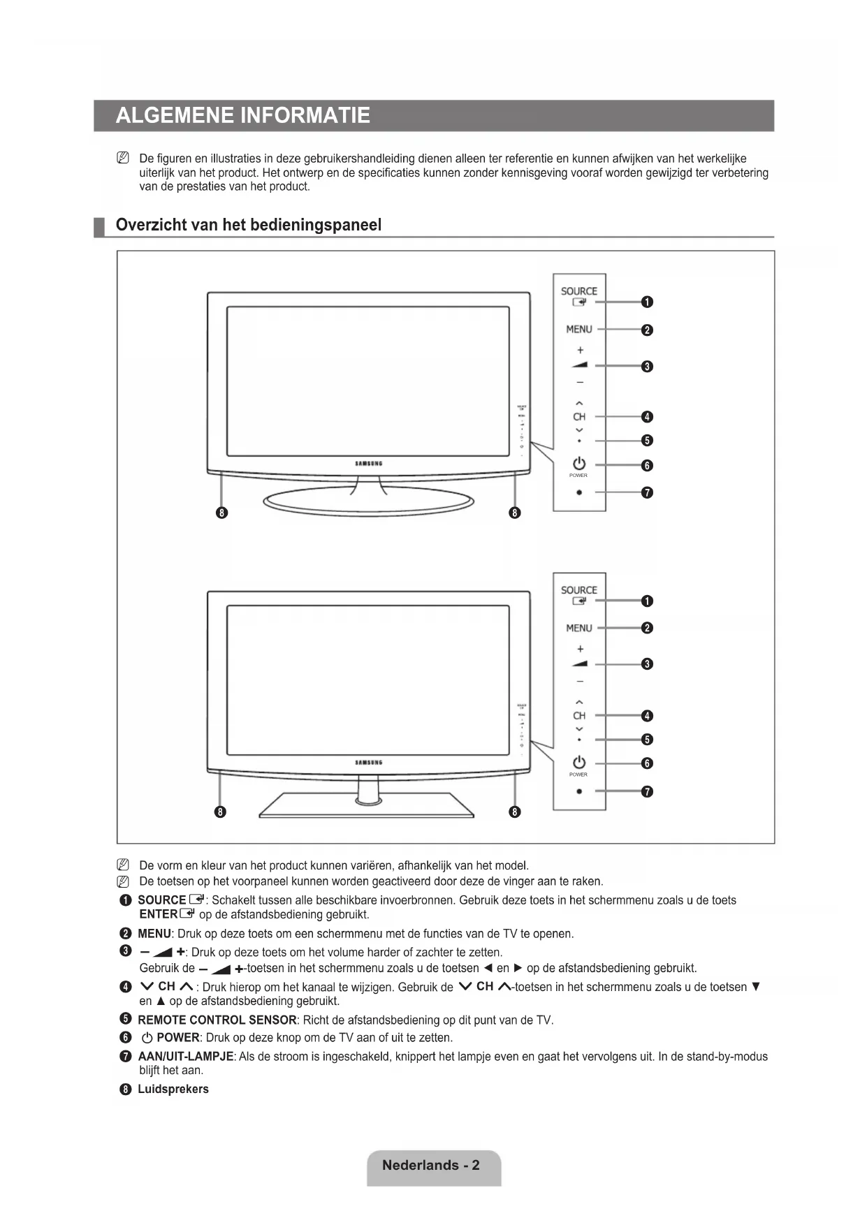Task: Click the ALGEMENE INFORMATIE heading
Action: (x=242, y=115)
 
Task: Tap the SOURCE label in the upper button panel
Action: (x=578, y=291)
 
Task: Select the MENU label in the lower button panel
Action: (x=578, y=628)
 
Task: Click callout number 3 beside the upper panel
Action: (x=647, y=366)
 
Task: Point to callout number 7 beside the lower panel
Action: (x=647, y=791)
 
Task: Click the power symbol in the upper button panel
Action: (x=578, y=464)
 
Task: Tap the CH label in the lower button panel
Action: (x=578, y=716)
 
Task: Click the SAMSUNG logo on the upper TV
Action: (x=368, y=464)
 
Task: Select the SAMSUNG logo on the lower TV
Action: (x=368, y=763)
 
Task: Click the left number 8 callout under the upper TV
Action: (x=221, y=513)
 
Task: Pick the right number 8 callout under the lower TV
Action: (x=515, y=812)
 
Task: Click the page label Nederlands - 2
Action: (x=431, y=1165)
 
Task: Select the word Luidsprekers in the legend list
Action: (x=173, y=1089)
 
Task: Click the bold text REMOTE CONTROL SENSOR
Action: (x=217, y=1020)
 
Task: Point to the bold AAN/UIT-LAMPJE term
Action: (x=186, y=1056)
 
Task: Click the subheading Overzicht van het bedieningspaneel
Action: (x=248, y=225)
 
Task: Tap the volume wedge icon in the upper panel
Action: (x=579, y=365)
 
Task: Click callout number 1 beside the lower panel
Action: (x=647, y=601)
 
